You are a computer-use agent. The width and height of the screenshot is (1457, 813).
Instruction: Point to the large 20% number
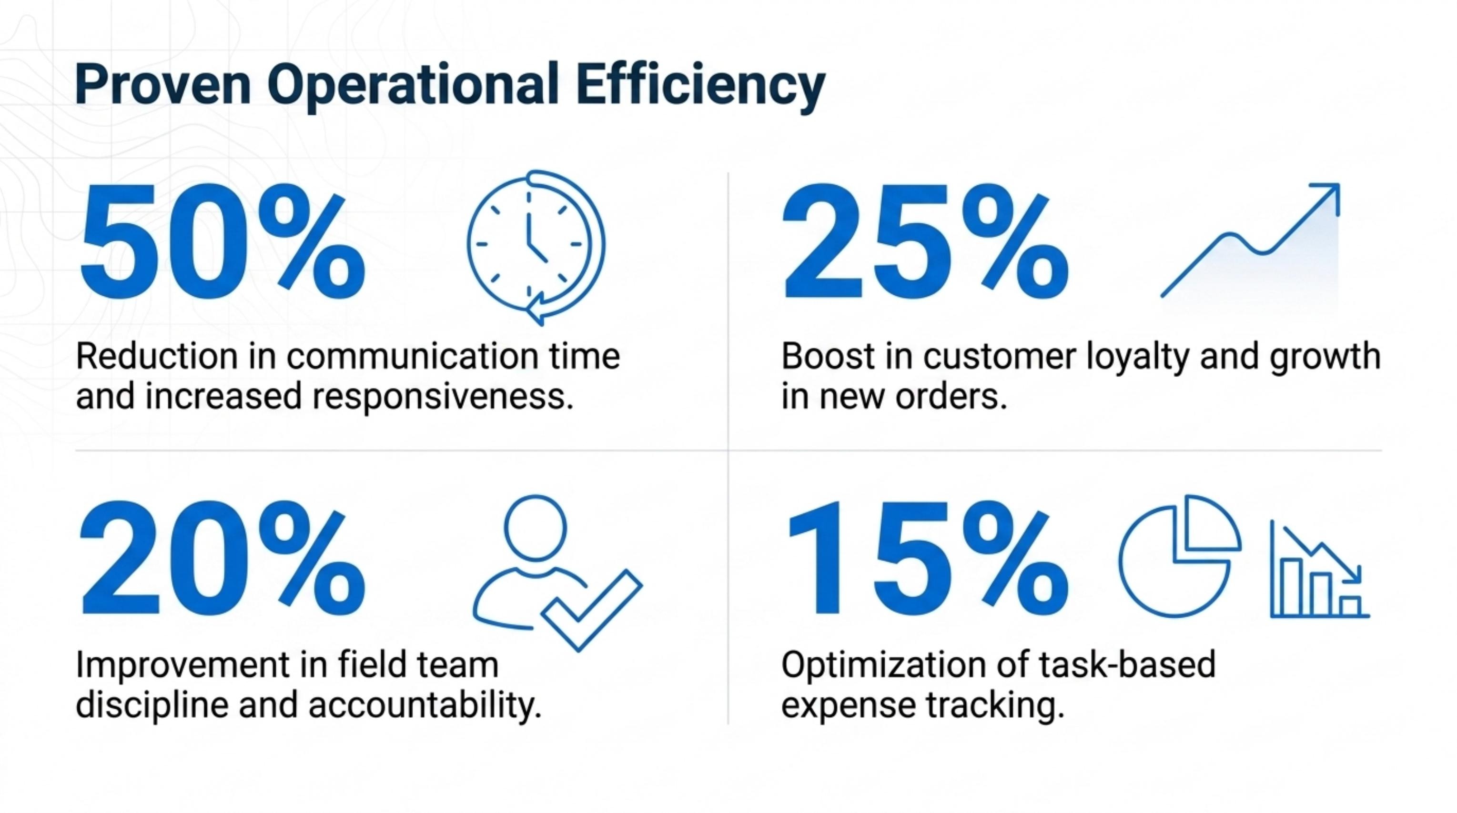(x=223, y=559)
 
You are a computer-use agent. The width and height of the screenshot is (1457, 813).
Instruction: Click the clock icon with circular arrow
(x=536, y=248)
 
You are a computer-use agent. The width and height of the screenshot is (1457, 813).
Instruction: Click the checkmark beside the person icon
(x=592, y=610)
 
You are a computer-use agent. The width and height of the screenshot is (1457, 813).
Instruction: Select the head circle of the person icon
(x=535, y=528)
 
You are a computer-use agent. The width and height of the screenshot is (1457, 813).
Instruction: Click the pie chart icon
(x=1180, y=556)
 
